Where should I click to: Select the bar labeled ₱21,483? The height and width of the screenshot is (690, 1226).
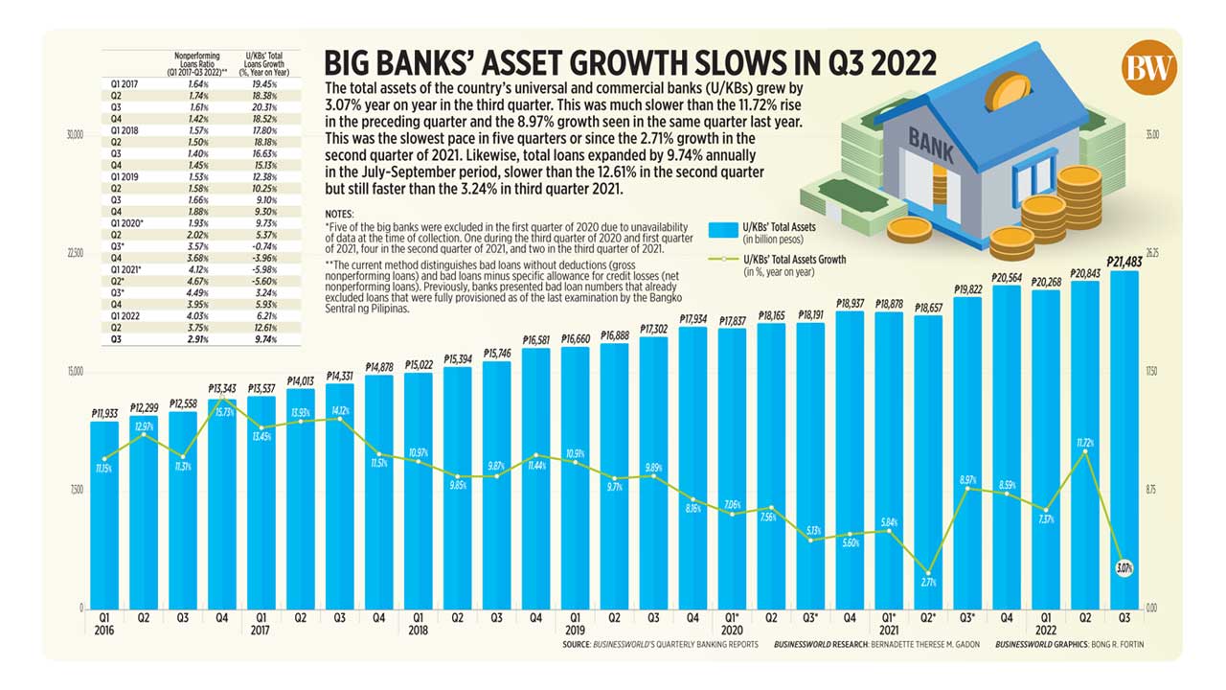tap(1124, 441)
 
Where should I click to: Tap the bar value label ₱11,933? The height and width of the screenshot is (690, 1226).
tap(104, 412)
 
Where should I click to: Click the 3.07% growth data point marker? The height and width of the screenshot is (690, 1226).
tap(1124, 568)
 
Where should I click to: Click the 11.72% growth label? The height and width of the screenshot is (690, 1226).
tap(1084, 442)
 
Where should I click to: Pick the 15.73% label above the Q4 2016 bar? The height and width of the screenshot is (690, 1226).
tap(222, 411)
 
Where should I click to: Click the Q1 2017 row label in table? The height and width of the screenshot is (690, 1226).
tap(125, 84)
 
